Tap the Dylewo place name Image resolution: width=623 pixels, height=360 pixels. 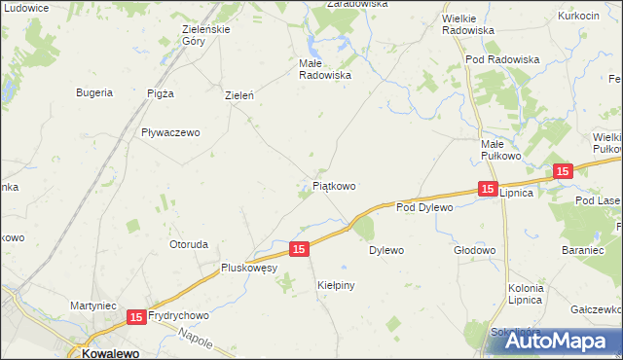point(385,250)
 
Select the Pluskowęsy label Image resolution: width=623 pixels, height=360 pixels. point(250,268)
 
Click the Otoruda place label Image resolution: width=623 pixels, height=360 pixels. point(189,243)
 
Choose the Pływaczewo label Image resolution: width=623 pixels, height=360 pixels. point(169,133)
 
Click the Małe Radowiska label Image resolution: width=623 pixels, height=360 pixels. point(324,68)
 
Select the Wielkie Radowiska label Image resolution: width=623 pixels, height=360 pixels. point(468,23)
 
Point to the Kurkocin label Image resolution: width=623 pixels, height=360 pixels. point(578,17)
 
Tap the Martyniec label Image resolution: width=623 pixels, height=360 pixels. point(93,306)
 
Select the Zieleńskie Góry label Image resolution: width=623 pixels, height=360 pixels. point(205,35)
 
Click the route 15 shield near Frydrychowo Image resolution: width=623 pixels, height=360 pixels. point(136,316)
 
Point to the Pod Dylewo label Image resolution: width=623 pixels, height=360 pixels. point(425,207)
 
